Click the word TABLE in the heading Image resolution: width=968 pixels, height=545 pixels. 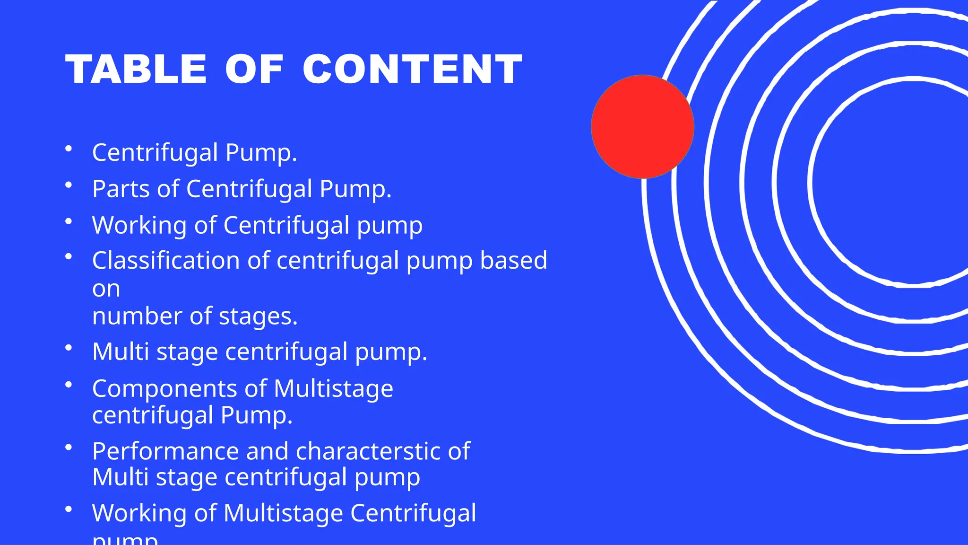pos(136,70)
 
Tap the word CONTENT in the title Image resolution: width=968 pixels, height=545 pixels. pos(412,70)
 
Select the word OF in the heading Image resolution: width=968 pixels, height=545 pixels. pos(254,70)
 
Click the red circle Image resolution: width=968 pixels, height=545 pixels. pos(642,127)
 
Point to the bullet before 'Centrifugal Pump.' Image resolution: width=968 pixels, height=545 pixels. pos(69,149)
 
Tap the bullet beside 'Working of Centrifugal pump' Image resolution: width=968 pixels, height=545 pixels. pos(69,221)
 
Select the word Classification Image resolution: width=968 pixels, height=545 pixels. pos(166,261)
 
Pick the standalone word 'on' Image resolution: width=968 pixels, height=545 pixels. pos(106,289)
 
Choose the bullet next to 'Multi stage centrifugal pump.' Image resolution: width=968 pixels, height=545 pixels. pos(69,348)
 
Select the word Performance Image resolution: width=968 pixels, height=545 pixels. pos(165,451)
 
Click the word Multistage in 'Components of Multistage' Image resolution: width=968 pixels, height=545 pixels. pos(333,389)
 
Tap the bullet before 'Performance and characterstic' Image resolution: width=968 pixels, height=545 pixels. pos(69,447)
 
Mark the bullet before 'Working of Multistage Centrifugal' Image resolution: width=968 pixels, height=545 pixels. pos(69,509)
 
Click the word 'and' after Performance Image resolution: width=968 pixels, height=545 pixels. pos(267,451)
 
